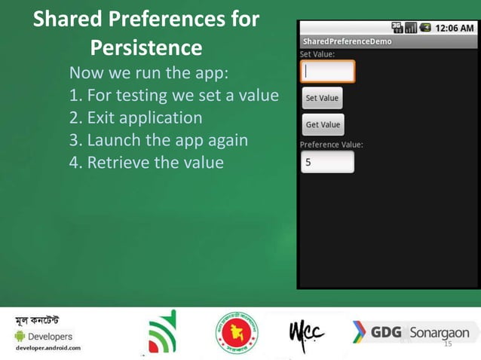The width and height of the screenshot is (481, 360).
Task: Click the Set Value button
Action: pyautogui.click(x=322, y=98)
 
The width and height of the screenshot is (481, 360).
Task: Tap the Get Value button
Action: pyautogui.click(x=323, y=124)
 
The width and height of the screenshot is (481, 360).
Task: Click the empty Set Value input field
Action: pyautogui.click(x=327, y=72)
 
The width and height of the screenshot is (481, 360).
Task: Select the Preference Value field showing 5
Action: pyautogui.click(x=327, y=162)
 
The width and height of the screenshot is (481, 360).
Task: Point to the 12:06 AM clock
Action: pyautogui.click(x=455, y=28)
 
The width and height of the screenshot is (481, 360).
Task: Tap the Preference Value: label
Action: pyautogui.click(x=332, y=144)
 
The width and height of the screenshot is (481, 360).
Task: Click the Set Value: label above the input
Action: pyautogui.click(x=317, y=54)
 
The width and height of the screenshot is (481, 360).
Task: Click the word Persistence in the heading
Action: pyautogui.click(x=146, y=48)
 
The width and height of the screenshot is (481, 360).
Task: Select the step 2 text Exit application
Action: pyautogui.click(x=136, y=118)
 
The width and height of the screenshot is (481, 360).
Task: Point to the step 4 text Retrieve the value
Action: pyautogui.click(x=146, y=162)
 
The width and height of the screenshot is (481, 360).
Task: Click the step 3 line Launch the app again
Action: pyautogui.click(x=158, y=140)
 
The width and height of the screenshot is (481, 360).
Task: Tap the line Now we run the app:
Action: pyautogui.click(x=149, y=74)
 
